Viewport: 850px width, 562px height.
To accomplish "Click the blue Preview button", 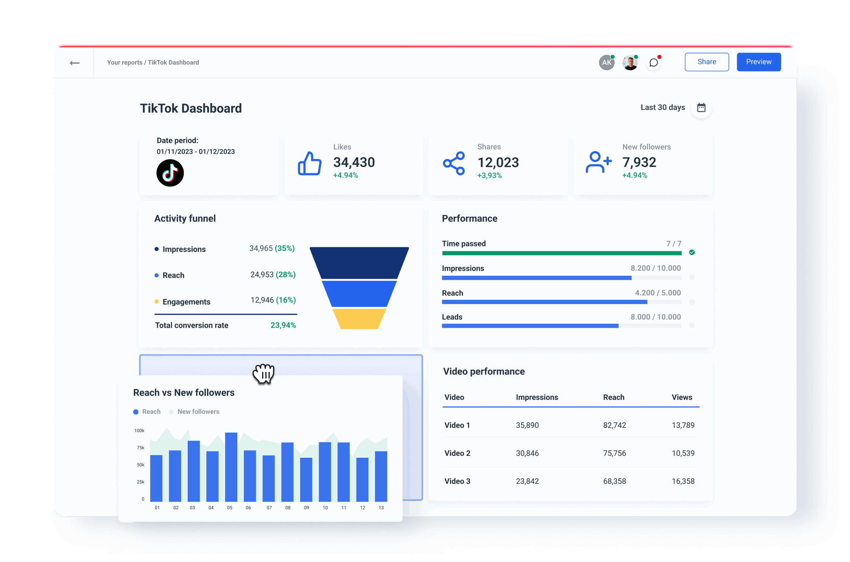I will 759,62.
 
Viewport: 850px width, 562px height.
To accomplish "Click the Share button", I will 706,62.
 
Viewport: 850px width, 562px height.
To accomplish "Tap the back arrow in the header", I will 75,63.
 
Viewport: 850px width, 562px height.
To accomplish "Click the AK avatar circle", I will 606,62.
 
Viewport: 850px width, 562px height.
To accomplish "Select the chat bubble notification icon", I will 654,63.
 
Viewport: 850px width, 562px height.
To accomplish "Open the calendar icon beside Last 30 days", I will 701,107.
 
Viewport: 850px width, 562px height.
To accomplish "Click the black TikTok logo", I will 170,173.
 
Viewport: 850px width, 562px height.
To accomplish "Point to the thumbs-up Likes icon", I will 309,164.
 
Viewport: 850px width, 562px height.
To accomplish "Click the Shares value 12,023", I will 498,162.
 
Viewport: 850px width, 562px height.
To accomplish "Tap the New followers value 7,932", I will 639,162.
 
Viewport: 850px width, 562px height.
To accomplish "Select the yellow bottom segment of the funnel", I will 359,319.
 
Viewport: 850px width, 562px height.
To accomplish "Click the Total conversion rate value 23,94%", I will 283,325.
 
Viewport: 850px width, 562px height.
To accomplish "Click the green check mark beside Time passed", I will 692,252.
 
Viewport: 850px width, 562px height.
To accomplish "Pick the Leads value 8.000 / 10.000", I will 655,317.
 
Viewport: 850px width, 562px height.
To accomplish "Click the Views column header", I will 682,397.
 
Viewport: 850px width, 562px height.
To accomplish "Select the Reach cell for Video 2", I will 615,453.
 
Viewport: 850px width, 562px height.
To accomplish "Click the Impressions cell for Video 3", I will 527,481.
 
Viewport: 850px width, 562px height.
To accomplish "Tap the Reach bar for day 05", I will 231,467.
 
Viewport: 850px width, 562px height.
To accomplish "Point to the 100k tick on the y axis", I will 139,431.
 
